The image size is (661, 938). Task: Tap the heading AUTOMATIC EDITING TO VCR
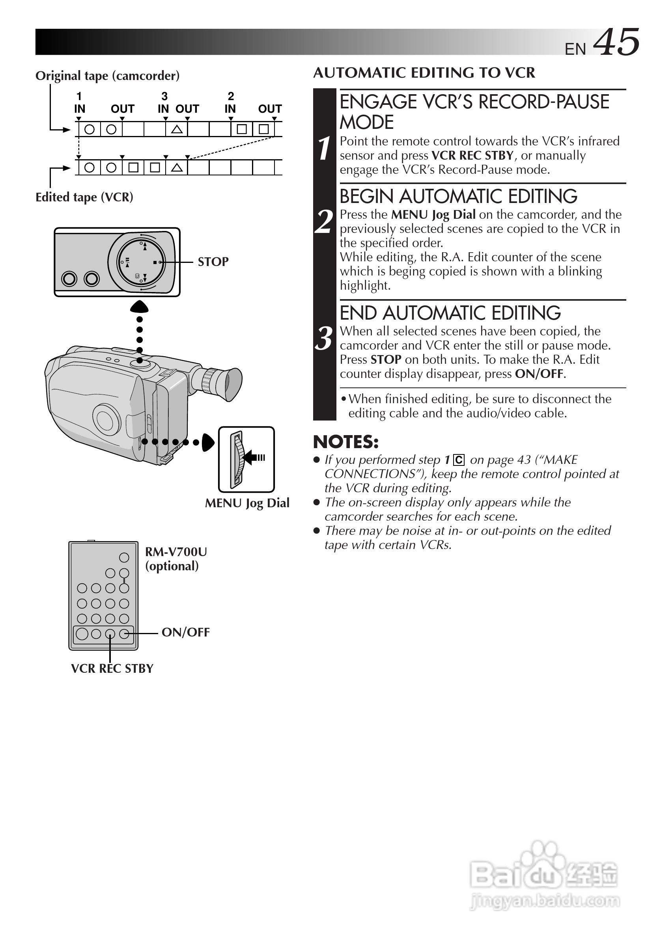pos(424,73)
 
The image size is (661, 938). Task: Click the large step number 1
pos(324,148)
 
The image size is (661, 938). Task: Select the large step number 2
pos(324,221)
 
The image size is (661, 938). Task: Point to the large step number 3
pos(324,338)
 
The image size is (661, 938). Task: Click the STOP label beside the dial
pos(213,261)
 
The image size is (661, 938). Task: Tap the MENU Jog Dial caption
pos(247,503)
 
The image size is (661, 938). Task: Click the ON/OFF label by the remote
pos(186,632)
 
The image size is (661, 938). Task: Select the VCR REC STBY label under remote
pos(112,669)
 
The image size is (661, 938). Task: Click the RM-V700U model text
pos(176,552)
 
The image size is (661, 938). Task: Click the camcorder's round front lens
pos(106,419)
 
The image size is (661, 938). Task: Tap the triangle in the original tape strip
pos(177,130)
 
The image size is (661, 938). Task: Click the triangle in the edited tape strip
pos(177,167)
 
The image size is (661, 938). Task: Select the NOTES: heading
pos(346,442)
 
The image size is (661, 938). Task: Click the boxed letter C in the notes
pos(459,460)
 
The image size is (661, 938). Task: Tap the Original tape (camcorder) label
pos(108,76)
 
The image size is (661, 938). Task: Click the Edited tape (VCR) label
pos(84,197)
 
